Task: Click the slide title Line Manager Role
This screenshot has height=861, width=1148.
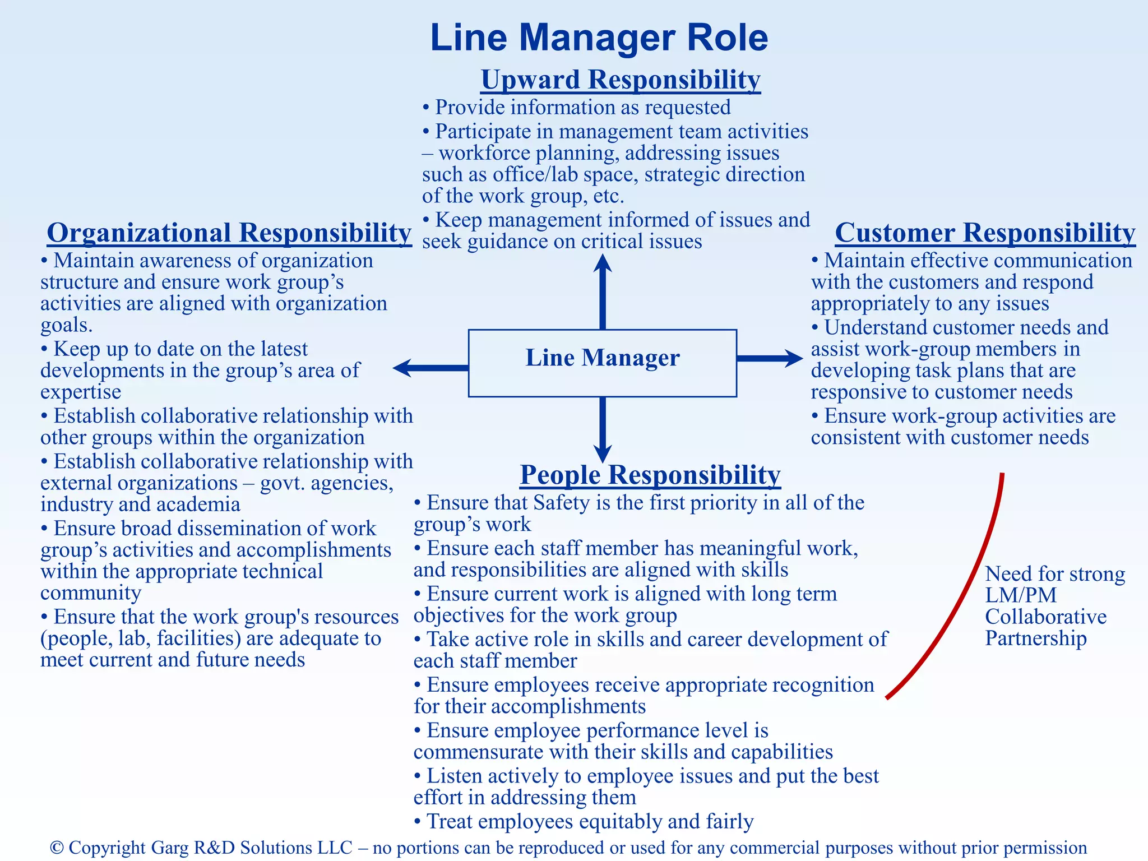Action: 599,38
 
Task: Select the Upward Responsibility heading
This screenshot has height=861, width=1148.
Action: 621,80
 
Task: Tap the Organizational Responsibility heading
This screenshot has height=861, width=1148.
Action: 229,233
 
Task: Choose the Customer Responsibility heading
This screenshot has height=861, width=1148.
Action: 985,233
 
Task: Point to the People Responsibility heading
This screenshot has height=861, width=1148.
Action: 650,475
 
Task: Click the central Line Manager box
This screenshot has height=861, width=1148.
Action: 602,363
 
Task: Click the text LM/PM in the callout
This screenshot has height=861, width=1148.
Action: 1021,595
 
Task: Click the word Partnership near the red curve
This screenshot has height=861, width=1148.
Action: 1036,638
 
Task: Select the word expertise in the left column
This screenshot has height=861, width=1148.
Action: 81,392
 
